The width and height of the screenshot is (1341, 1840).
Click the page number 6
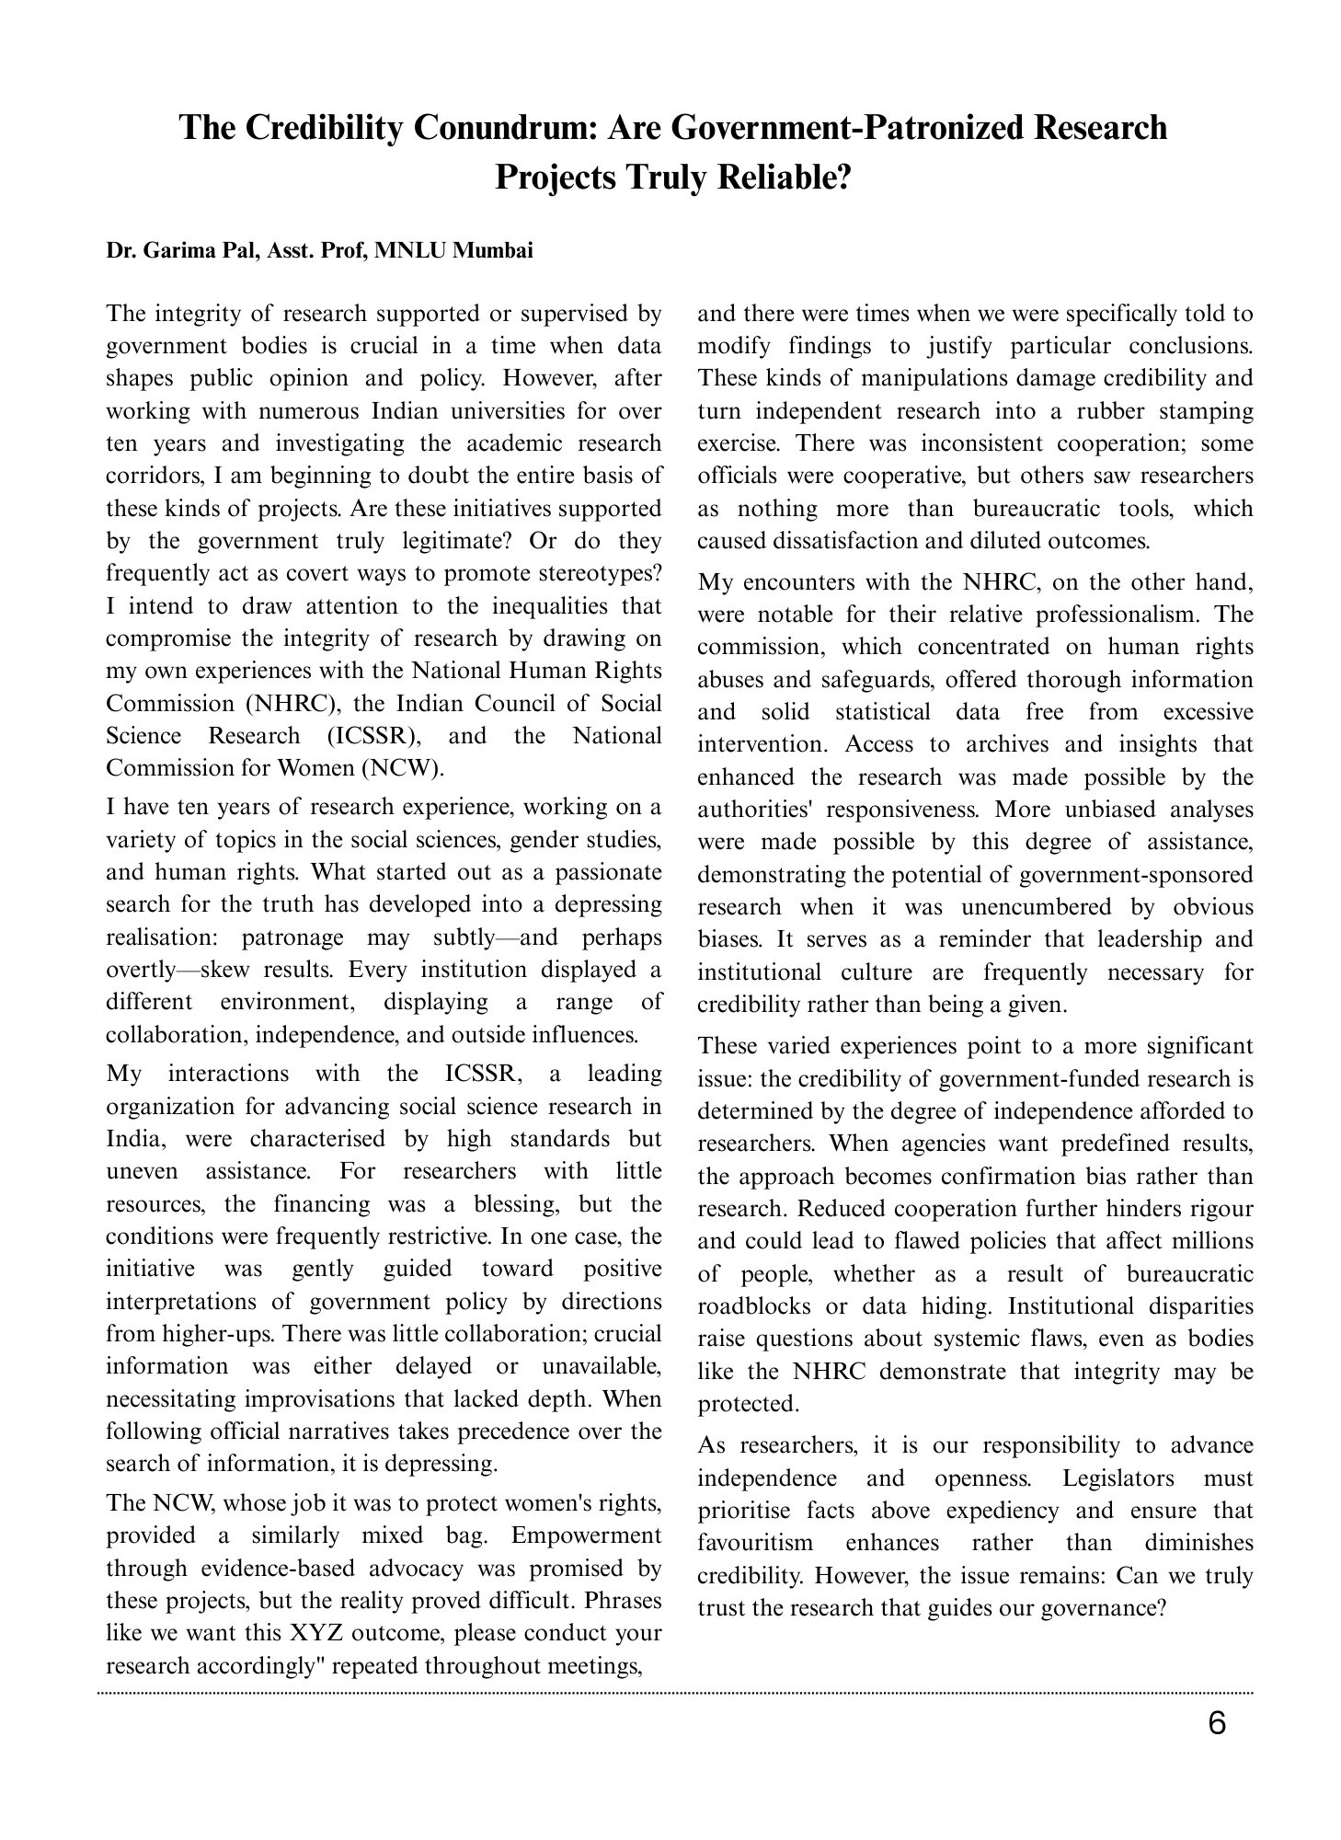click(1216, 1723)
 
